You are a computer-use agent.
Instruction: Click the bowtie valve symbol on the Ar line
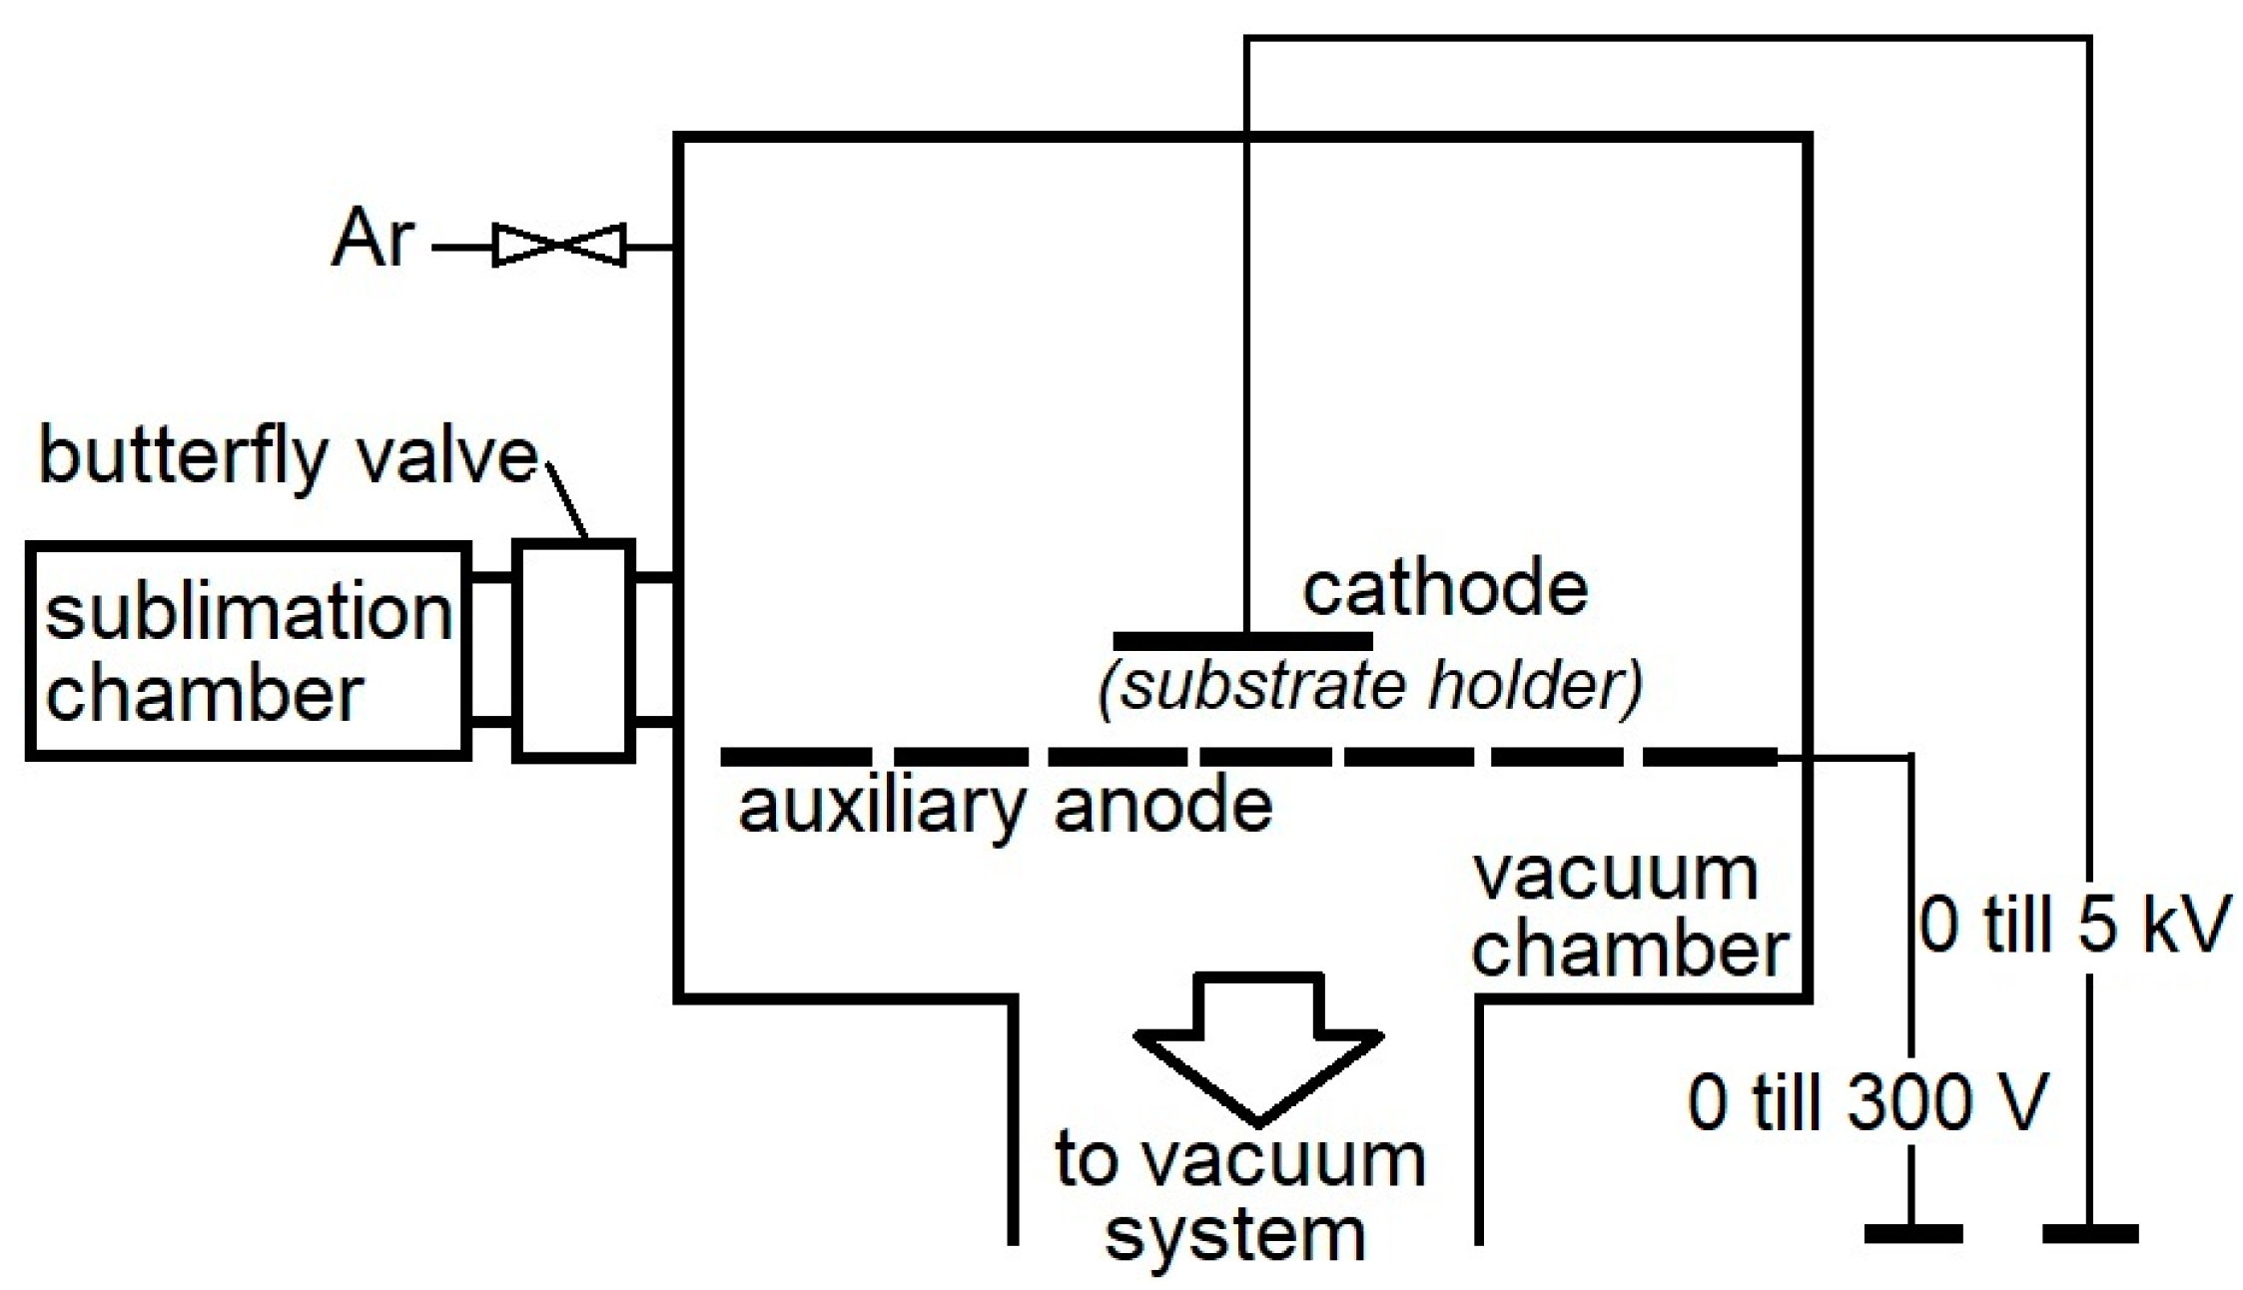click(560, 245)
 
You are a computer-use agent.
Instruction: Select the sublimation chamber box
click(248, 651)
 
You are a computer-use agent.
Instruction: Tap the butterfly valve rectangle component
click(573, 651)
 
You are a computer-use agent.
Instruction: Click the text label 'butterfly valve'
click(288, 457)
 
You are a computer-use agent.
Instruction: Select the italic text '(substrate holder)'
click(1370, 686)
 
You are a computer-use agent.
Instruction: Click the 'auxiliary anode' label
click(1005, 806)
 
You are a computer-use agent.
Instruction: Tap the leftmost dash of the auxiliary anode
click(795, 757)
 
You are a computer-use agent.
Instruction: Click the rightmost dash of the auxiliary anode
click(1710, 757)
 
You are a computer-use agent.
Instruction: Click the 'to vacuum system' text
click(1238, 1197)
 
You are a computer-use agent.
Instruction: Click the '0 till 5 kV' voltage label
click(2072, 924)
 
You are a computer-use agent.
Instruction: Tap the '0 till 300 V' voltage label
click(1868, 1102)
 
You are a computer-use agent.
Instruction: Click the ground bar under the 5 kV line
click(2090, 1234)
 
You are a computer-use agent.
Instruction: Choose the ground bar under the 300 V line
click(1912, 1234)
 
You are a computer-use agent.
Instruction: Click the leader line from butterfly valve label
click(567, 504)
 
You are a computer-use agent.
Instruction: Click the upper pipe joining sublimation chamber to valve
click(491, 577)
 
